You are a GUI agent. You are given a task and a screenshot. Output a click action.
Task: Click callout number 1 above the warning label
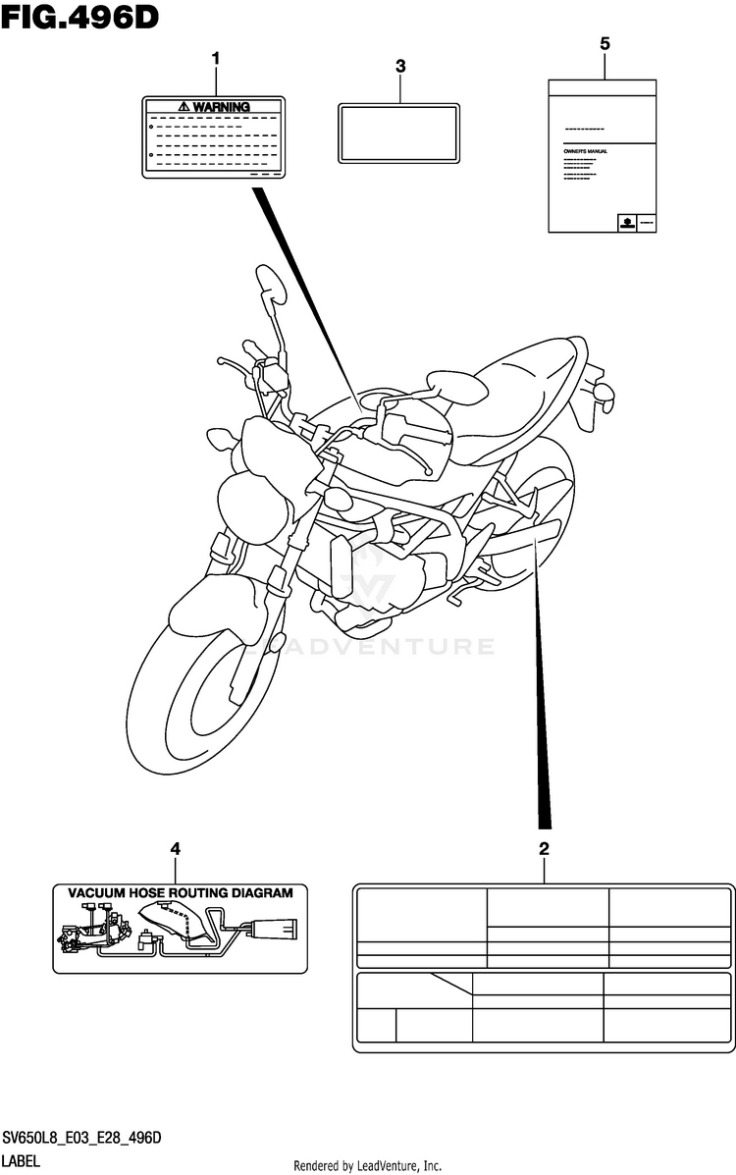pos(216,59)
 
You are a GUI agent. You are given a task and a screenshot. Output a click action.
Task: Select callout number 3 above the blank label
pos(400,66)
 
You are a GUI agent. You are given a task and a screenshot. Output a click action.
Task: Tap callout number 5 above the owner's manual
pos(604,43)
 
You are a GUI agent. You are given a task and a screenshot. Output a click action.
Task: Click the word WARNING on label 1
pos(221,106)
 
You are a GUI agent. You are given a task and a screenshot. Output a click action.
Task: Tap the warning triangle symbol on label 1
pos(184,106)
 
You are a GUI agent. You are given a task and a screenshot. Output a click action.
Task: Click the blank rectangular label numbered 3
pos(398,133)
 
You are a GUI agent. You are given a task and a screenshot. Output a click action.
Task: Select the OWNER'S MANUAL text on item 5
pos(586,151)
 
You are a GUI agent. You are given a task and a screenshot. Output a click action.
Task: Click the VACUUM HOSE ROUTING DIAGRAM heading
pos(180,893)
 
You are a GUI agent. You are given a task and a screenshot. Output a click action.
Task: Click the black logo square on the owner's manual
pos(623,223)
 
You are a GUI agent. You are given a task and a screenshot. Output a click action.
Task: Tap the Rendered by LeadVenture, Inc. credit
pos(368,1165)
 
